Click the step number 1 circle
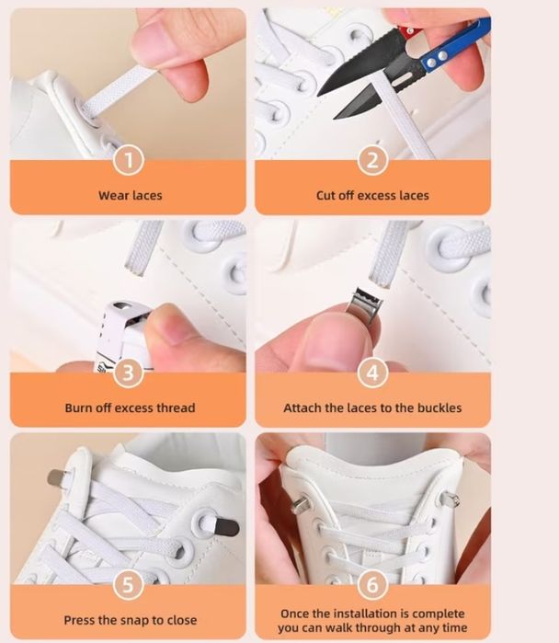[x=129, y=160]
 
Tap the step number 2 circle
[x=372, y=160]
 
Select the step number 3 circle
[x=129, y=373]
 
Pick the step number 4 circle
[x=372, y=373]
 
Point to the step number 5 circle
[x=129, y=584]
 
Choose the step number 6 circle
[x=372, y=584]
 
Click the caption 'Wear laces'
[x=131, y=195]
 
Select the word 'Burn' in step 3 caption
[x=78, y=408]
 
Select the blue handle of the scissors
[x=455, y=45]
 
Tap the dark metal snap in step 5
[x=224, y=527]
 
